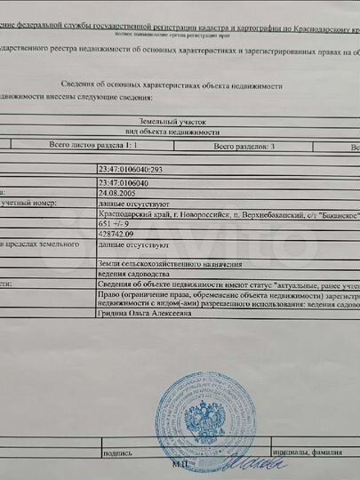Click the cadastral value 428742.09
tap(118, 233)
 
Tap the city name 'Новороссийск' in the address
tap(191, 214)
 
